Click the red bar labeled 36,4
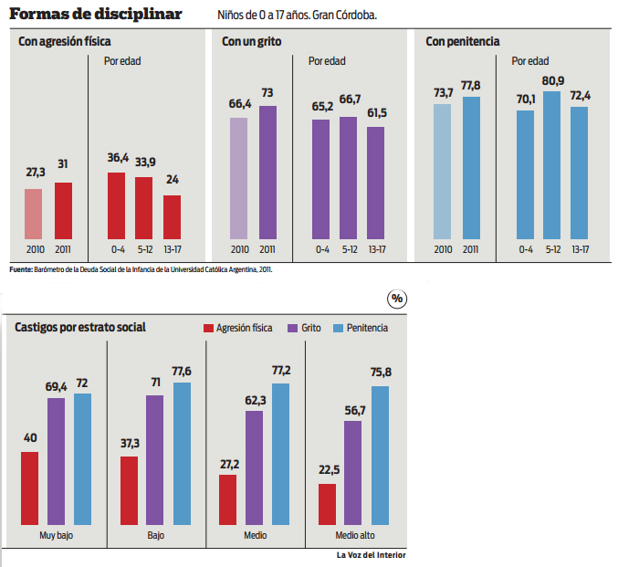pos(116,205)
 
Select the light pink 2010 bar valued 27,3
pos(34,214)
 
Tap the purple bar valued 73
pos(268,173)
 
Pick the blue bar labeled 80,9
pos(551,165)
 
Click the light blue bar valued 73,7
pos(442,172)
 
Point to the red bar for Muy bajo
pos(29,488)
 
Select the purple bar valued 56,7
pos(352,473)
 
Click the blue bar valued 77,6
pos(182,454)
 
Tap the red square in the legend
pos(208,328)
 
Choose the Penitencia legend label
pos(367,328)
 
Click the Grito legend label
pos(311,328)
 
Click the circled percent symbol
pos(397,299)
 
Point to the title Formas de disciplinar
pos(96,15)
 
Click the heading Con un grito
pos(251,41)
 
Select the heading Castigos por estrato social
pos(80,327)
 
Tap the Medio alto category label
pos(355,535)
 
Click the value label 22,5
pos(330,469)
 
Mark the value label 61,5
pos(377,113)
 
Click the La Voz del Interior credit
pos(371,555)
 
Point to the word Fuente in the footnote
pos(20,269)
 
